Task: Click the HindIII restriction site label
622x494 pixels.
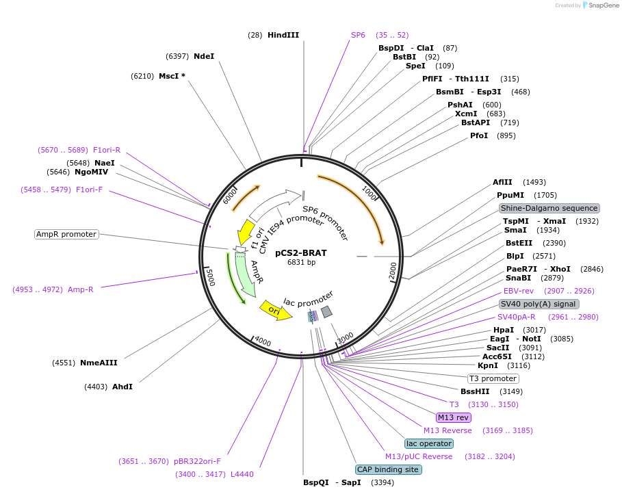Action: click(283, 35)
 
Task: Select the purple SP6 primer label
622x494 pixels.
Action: click(358, 35)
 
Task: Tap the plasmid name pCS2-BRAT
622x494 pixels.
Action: click(301, 252)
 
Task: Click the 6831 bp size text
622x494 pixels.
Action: click(301, 262)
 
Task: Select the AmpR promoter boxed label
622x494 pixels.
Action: click(66, 234)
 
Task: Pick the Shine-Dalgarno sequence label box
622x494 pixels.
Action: click(549, 208)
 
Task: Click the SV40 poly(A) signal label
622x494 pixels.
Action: click(539, 304)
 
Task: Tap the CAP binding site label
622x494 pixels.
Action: click(388, 469)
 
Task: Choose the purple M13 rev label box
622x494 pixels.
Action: click(453, 417)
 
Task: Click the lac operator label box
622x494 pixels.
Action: click(429, 443)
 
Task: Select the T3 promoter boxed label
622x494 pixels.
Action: click(493, 378)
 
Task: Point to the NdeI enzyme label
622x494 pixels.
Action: click(204, 56)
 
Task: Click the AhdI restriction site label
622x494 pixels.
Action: click(122, 387)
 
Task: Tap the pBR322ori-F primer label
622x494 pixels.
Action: click(202, 461)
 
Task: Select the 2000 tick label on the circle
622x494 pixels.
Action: click(393, 272)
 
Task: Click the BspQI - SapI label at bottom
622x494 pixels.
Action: click(332, 482)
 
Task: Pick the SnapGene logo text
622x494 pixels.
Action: click(600, 5)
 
